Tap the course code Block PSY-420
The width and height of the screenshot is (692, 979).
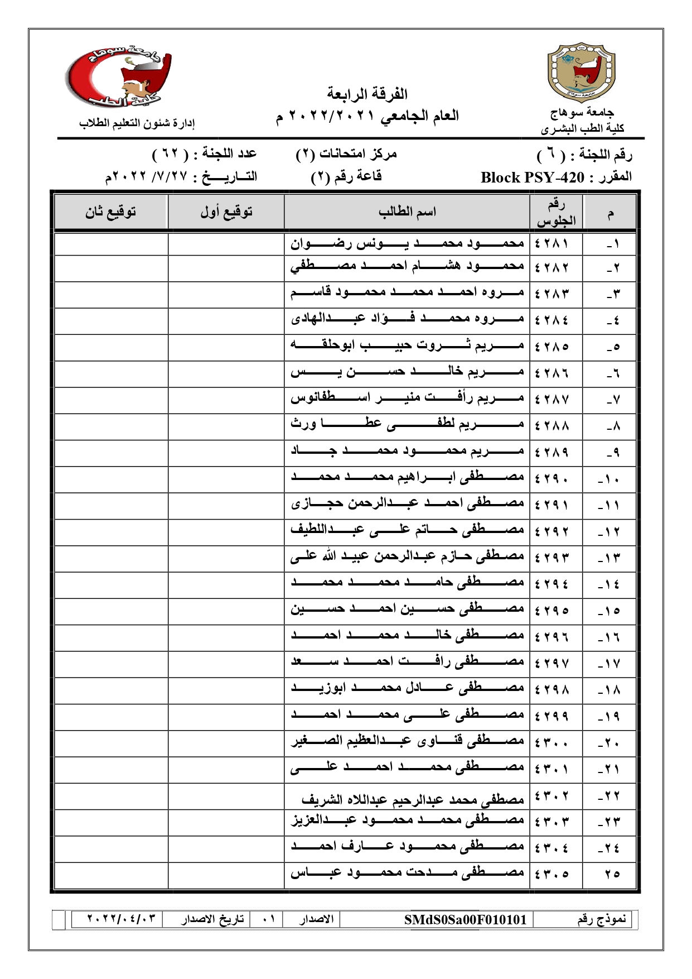coord(532,177)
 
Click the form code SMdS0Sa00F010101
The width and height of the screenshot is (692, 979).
coord(465,919)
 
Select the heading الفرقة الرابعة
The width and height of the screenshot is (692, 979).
coord(367,94)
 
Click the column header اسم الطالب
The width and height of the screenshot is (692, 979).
coord(407,212)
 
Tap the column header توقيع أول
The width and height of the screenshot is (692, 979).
coord(226,212)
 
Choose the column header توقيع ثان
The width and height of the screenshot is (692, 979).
coord(110,212)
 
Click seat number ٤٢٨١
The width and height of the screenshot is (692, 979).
coord(551,243)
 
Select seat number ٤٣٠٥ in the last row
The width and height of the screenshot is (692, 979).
coord(551,874)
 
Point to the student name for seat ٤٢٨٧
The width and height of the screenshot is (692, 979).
coord(407,399)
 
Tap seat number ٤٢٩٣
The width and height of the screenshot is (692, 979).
coord(551,557)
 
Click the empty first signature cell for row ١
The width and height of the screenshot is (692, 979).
coord(226,243)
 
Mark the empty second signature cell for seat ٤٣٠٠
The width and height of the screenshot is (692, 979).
coord(110,742)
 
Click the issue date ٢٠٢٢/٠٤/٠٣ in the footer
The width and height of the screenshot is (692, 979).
coord(117,919)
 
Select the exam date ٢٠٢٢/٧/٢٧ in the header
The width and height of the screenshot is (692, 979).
coord(142,177)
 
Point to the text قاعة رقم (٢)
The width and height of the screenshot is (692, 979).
coord(346,177)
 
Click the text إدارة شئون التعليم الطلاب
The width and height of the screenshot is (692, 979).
coord(137,123)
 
